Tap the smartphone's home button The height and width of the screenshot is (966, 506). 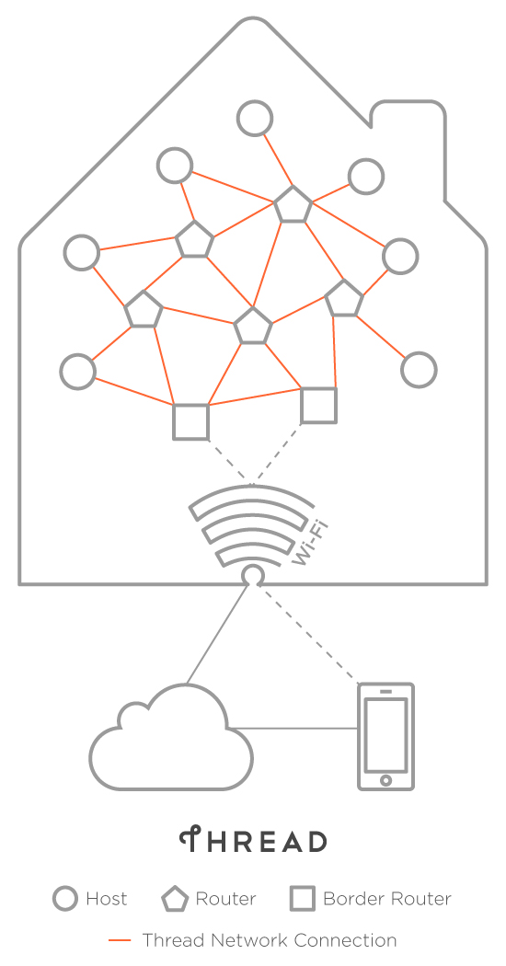[385, 780]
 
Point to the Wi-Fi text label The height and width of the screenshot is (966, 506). [309, 543]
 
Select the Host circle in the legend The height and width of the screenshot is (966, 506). [65, 899]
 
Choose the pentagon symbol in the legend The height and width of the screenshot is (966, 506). [175, 900]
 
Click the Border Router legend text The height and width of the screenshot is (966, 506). [387, 899]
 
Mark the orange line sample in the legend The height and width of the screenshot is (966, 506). [120, 940]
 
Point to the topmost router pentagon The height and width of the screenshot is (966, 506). [293, 204]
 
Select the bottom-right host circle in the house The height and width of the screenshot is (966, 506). [419, 370]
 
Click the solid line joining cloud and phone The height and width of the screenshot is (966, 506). [295, 730]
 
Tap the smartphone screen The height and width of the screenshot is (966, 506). [385, 735]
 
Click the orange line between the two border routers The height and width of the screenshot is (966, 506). [255, 397]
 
